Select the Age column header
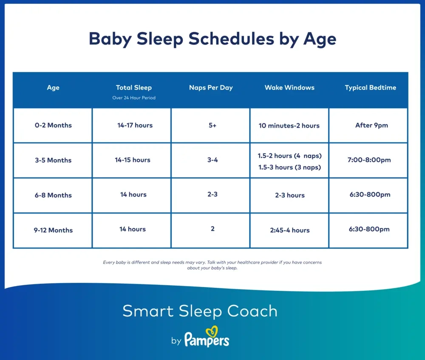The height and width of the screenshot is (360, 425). click(53, 88)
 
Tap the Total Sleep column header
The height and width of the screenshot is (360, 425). click(134, 88)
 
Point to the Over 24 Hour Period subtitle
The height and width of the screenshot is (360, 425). click(134, 98)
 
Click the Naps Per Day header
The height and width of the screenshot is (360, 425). click(211, 88)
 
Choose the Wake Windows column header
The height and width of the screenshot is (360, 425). click(289, 88)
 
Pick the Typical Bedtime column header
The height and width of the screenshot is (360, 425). click(370, 88)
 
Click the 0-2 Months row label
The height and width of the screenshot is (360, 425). click(53, 126)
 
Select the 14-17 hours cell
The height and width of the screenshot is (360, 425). click(135, 126)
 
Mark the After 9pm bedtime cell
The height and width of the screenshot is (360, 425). click(371, 126)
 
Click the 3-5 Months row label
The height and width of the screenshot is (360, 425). click(53, 160)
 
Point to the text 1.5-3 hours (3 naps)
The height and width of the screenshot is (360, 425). click(289, 167)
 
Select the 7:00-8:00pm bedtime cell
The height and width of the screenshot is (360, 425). click(369, 160)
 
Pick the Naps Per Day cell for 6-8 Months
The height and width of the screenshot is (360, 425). click(212, 194)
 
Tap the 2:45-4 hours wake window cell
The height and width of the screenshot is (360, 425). click(289, 230)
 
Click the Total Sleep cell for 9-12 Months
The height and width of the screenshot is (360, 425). click(133, 229)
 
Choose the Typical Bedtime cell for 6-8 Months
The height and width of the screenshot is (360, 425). click(369, 195)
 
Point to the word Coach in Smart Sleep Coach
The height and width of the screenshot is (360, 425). click(252, 311)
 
